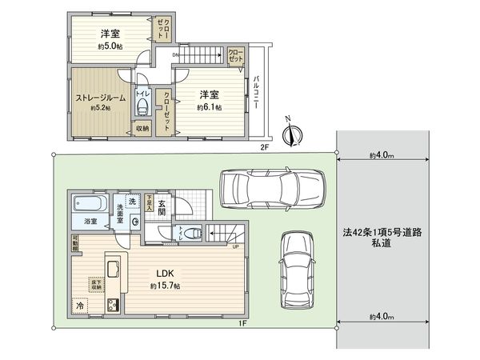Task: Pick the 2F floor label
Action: tap(265, 148)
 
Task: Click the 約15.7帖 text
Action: tap(165, 286)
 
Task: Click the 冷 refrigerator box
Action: tap(80, 305)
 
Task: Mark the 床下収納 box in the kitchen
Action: tap(95, 285)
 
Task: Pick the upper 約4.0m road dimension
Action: tap(383, 154)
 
